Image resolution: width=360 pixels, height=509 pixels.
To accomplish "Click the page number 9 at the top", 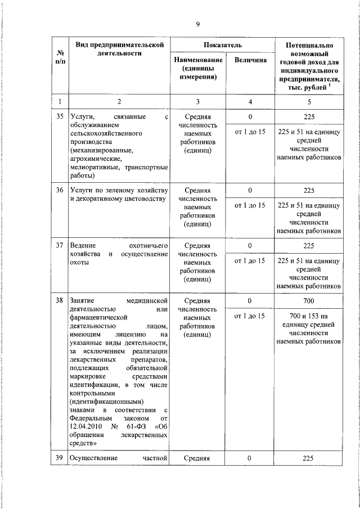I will point(198,23).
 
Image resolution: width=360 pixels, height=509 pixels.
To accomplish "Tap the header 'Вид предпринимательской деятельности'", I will point(118,48).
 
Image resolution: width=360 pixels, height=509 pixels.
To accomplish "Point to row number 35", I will point(60,117).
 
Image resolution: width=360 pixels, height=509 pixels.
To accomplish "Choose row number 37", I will point(60,246).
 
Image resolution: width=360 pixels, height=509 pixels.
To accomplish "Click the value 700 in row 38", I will point(307,301).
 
